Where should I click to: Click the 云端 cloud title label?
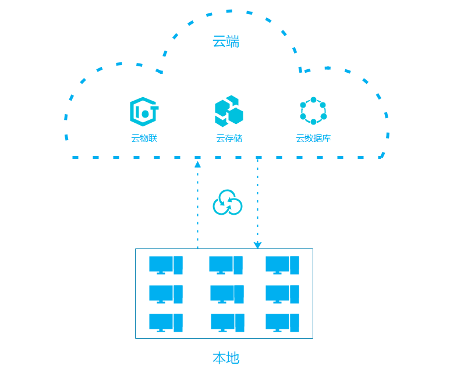226,42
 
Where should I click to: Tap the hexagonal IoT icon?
144,112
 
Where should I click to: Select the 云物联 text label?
144,138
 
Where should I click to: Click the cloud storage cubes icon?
228,111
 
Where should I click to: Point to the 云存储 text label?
229,138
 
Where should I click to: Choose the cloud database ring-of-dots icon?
313,111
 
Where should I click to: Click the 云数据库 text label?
313,138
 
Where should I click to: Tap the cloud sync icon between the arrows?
227,203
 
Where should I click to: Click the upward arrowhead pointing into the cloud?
197,165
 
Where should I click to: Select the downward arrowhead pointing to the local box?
257,245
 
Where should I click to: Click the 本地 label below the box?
226,358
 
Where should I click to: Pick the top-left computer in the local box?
166,265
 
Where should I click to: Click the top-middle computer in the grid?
226,265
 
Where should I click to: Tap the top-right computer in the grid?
282,265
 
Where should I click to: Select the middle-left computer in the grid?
166,294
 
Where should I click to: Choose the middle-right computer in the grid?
282,294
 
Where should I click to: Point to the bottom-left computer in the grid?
166,323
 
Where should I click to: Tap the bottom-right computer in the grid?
282,323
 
